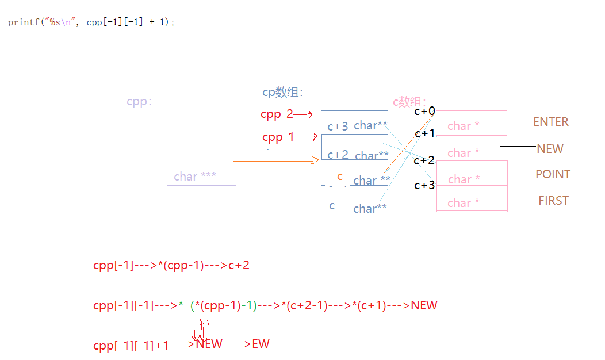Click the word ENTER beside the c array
550,122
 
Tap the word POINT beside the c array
553,174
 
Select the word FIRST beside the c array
553,201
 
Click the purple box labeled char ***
201,174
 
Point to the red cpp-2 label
277,114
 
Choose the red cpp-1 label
278,137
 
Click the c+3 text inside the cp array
338,127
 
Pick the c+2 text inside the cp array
338,155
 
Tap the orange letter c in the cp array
340,177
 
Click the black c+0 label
424,112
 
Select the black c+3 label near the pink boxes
424,185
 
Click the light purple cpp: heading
139,102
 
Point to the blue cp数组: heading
282,93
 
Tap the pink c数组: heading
409,102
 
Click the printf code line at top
91,22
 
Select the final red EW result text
261,344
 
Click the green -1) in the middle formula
248,305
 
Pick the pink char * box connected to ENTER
472,123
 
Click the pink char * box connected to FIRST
472,202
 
